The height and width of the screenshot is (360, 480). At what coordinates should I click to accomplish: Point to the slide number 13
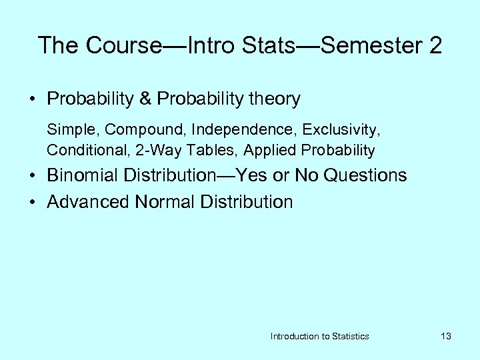[x=446, y=336]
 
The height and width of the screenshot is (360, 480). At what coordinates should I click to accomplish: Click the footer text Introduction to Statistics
[x=319, y=336]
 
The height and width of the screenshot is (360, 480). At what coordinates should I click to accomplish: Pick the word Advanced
[x=88, y=201]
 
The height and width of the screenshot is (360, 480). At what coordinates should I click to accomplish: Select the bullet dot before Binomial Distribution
[x=32, y=176]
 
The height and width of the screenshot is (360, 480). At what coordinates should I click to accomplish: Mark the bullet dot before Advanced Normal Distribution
[x=32, y=202]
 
